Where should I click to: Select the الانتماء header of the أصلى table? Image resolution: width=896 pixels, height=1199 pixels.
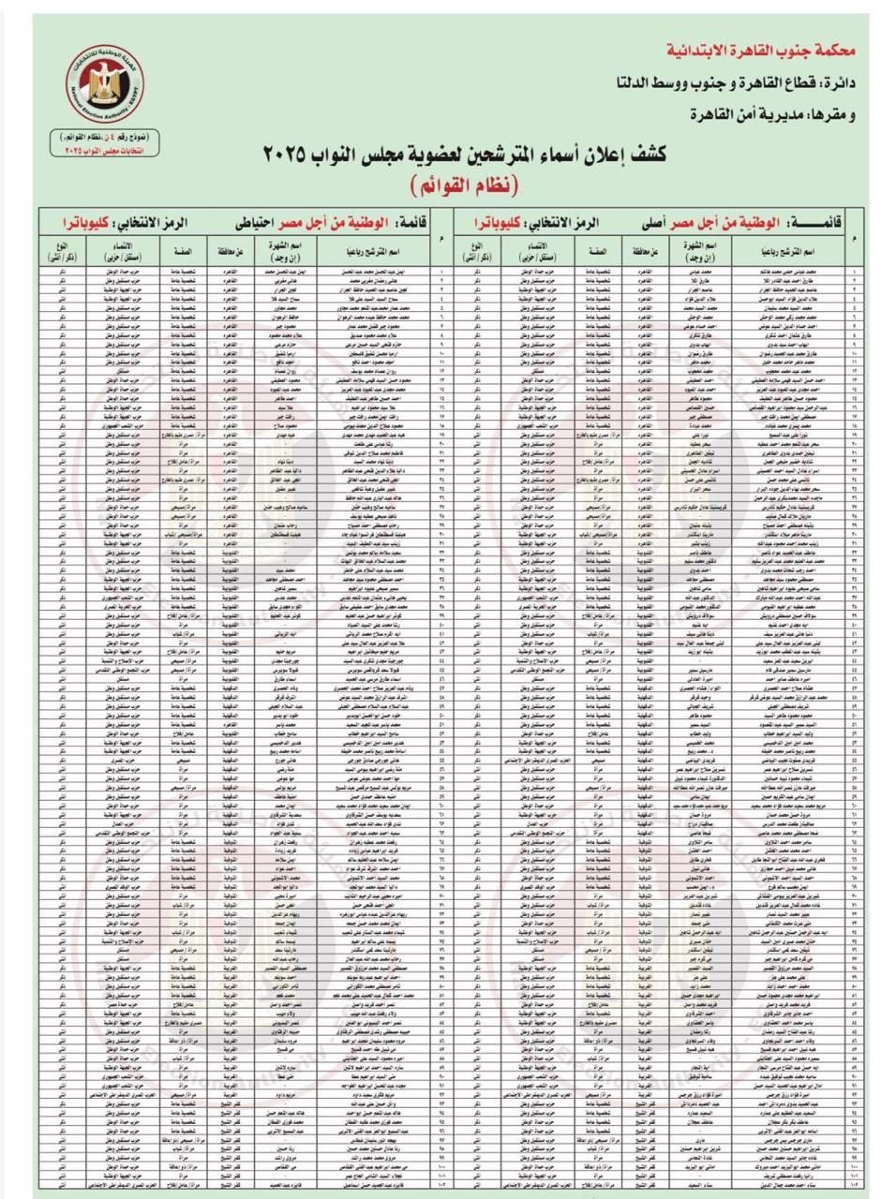(x=531, y=250)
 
